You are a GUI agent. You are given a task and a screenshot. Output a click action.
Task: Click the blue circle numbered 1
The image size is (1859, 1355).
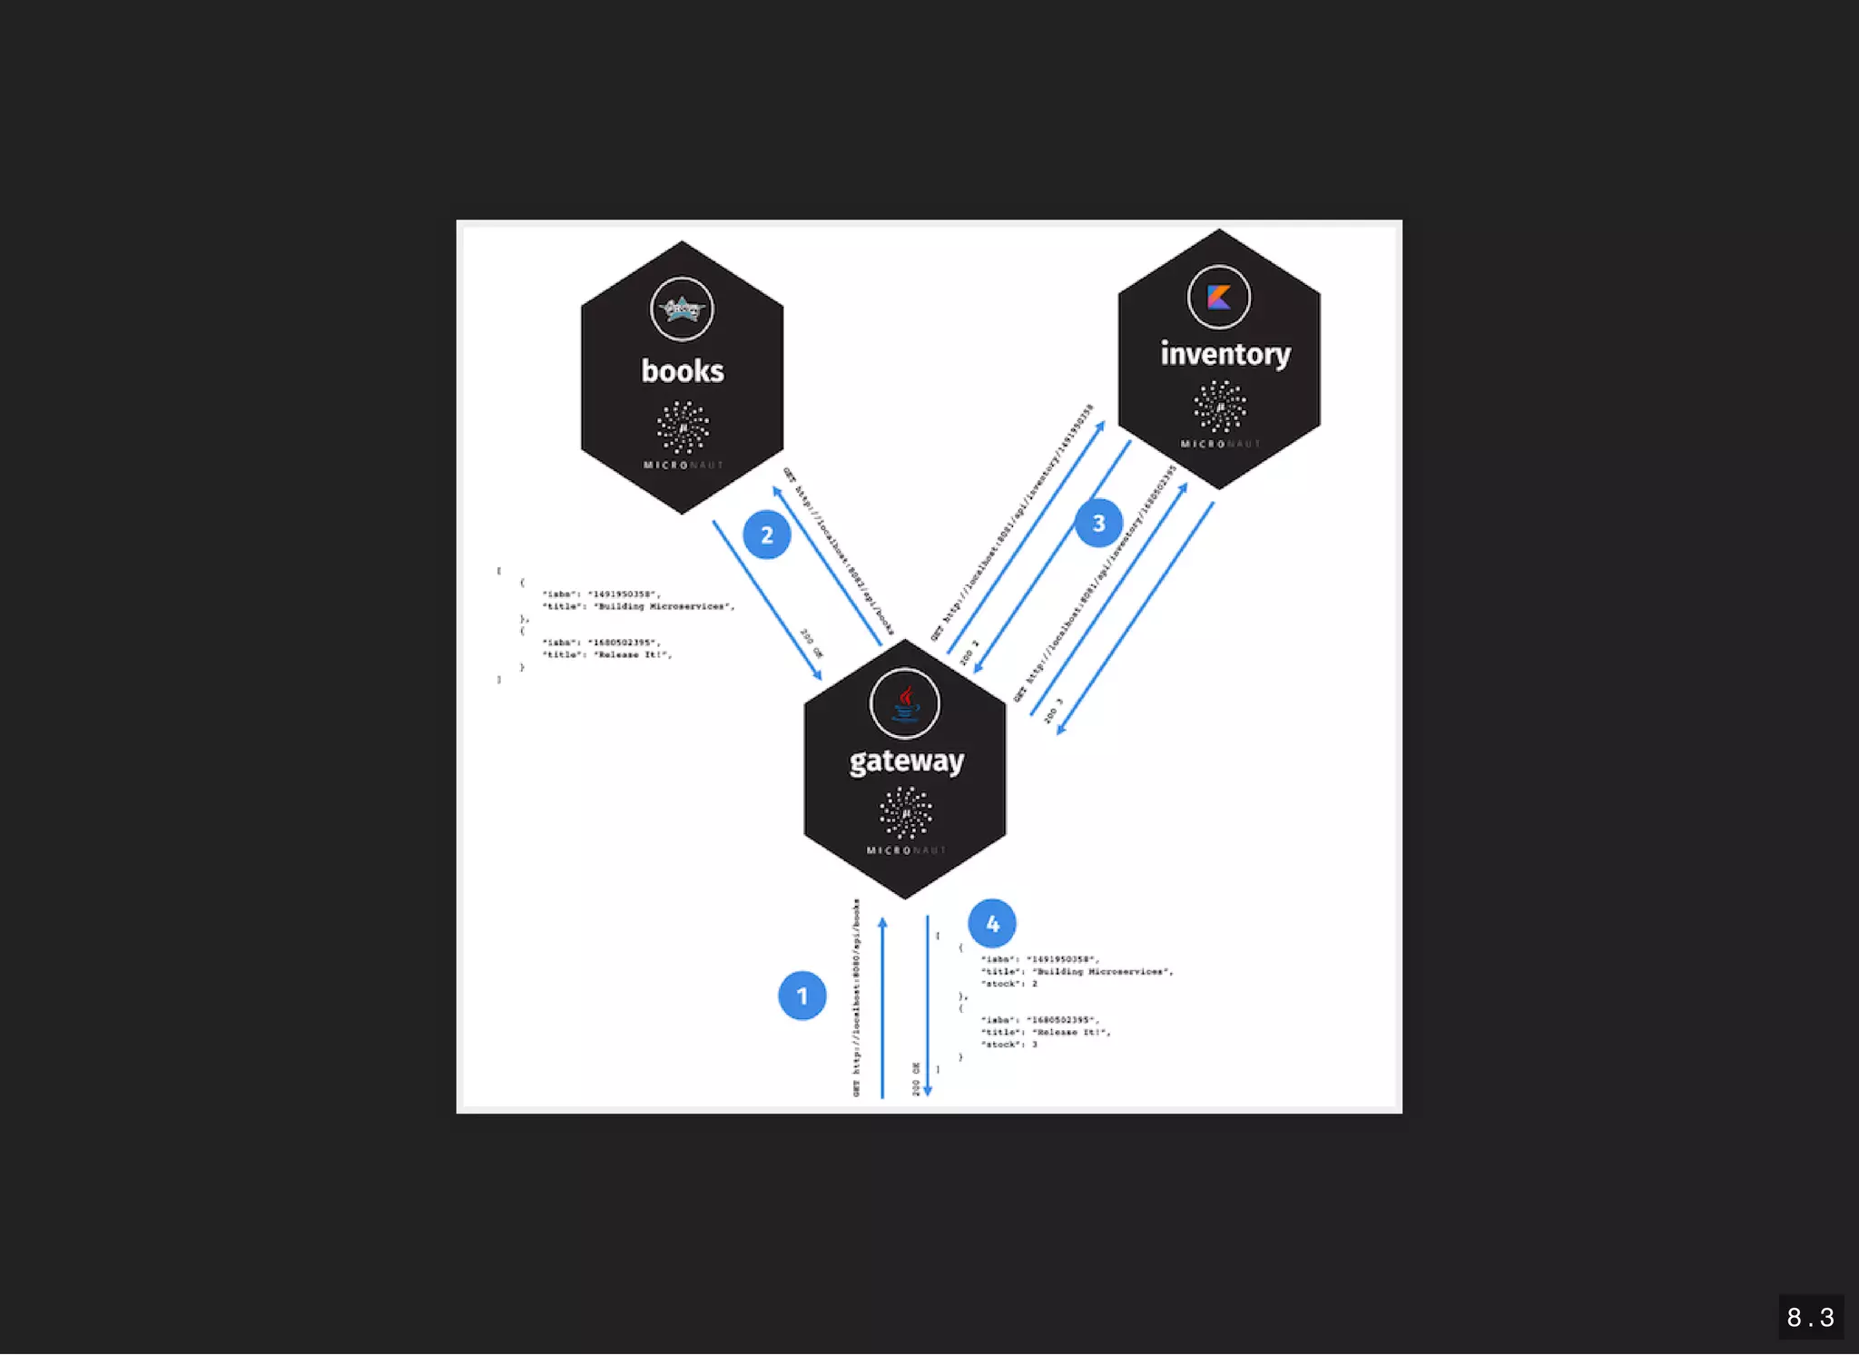click(802, 996)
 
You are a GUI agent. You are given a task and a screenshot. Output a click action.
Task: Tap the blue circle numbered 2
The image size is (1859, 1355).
click(766, 535)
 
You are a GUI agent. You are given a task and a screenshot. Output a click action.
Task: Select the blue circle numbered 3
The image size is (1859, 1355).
click(1098, 523)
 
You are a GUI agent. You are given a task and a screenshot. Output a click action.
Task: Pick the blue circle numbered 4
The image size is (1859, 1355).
click(992, 923)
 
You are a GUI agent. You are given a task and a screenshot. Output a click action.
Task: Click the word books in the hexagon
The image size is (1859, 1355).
click(683, 371)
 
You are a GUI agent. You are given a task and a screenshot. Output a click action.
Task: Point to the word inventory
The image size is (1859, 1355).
click(1225, 354)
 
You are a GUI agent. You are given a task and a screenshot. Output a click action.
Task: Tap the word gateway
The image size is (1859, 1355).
click(906, 761)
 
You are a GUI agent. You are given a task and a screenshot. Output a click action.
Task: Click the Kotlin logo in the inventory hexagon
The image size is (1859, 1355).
click(1218, 297)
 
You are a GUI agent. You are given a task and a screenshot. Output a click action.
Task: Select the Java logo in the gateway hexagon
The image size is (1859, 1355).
click(905, 703)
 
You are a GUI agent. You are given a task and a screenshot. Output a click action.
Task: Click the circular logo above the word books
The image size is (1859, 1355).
click(682, 309)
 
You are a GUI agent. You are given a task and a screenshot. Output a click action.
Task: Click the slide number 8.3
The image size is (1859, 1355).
click(1810, 1317)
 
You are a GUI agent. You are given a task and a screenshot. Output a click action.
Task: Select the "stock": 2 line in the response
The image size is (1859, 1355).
click(1008, 984)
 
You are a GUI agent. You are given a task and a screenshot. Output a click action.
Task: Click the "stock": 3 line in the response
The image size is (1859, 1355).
click(1008, 1045)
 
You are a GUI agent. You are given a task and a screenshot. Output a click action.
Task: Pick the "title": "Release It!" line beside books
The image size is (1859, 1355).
click(606, 654)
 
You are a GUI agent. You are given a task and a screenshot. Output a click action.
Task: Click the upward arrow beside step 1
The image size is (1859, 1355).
click(882, 1007)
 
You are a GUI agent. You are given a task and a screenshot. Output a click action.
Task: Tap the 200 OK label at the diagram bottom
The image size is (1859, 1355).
click(916, 1078)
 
